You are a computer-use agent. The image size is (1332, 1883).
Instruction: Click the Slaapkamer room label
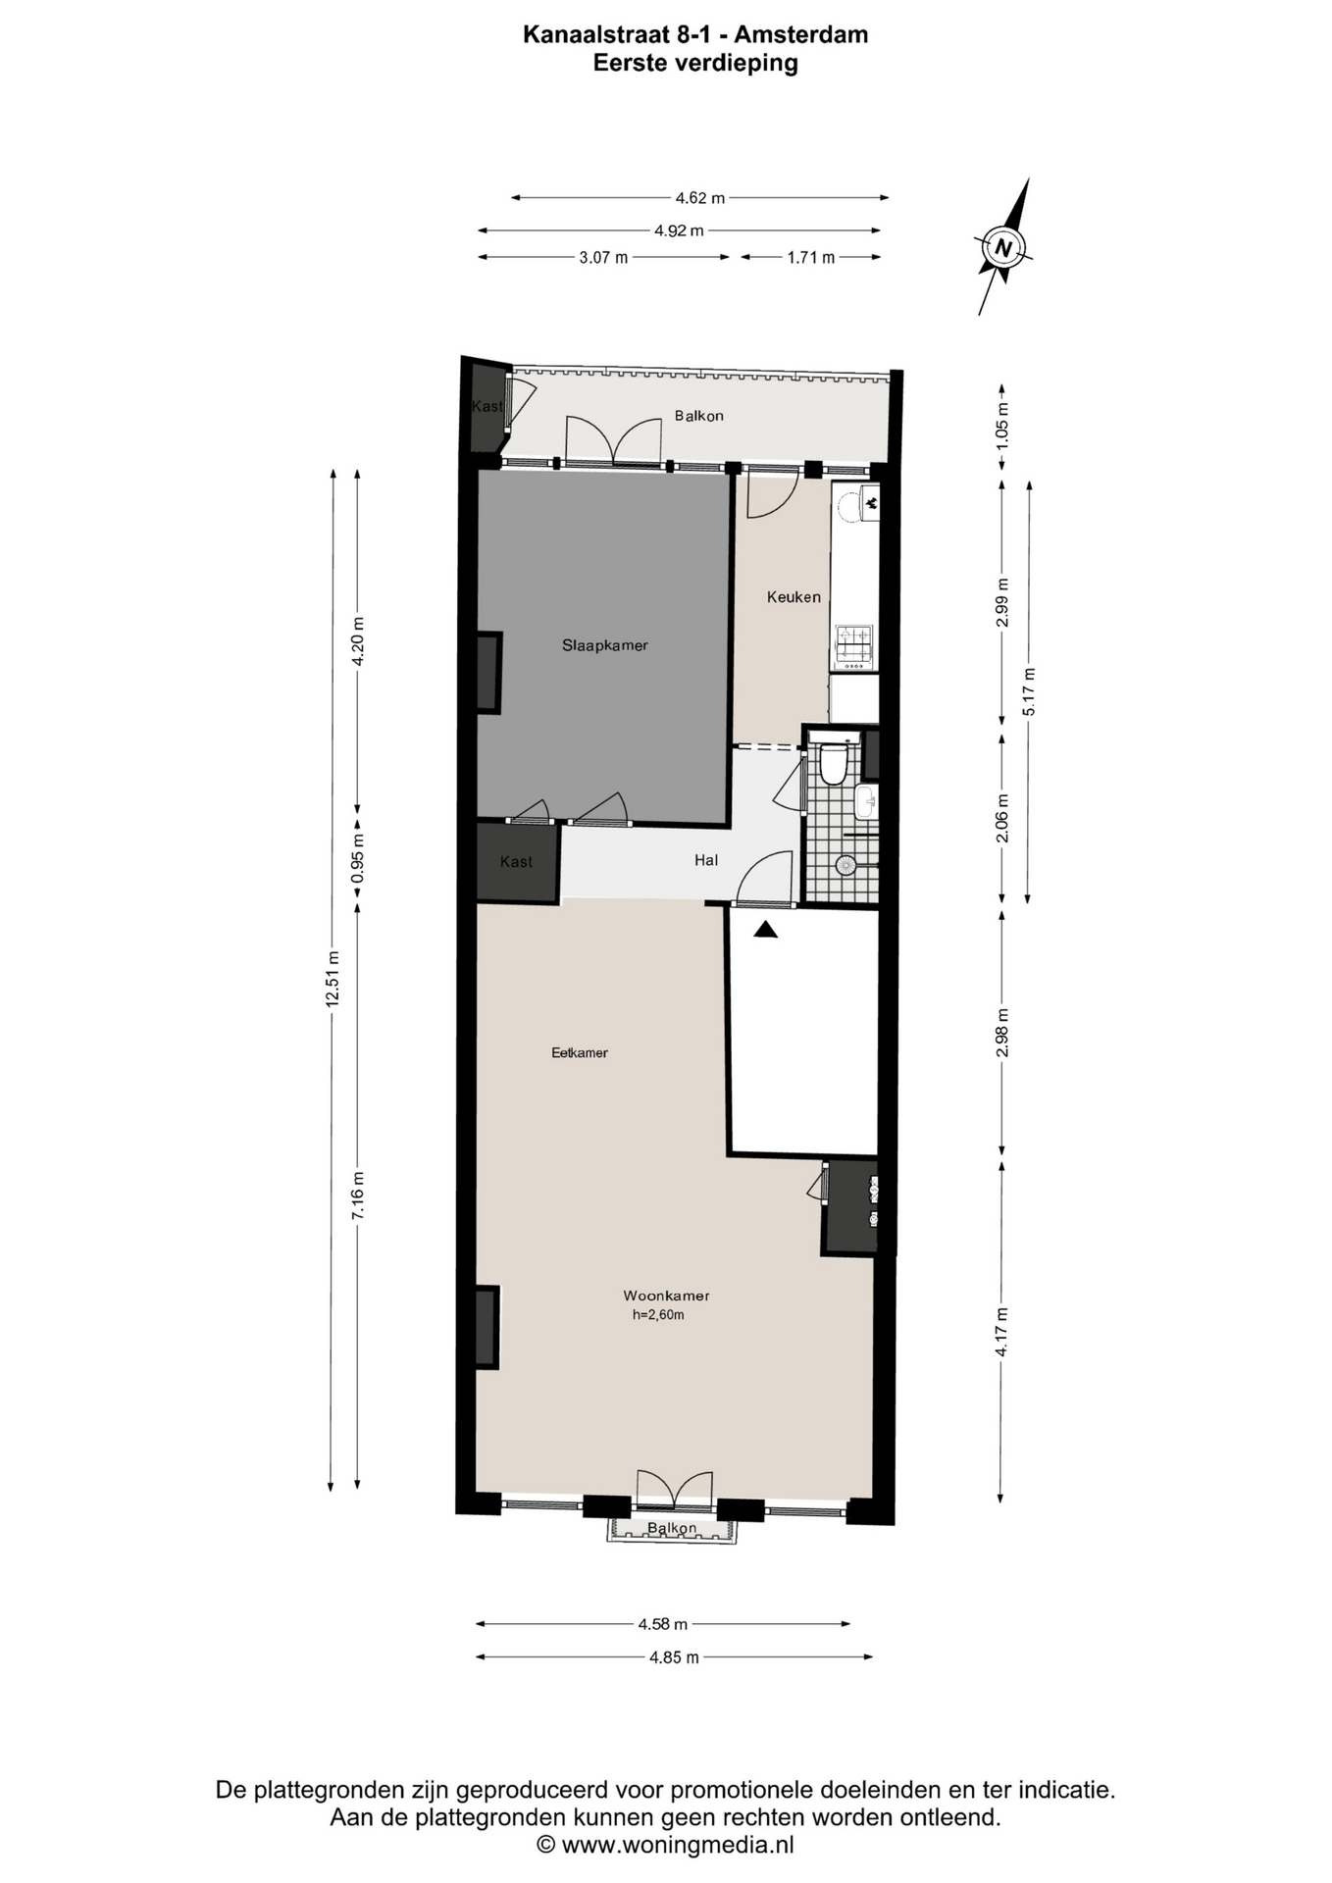tap(604, 645)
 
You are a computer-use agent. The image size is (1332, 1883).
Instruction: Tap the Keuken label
tap(794, 596)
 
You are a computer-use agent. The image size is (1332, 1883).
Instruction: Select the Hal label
tap(706, 860)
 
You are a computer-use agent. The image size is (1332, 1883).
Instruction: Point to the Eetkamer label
tap(580, 1052)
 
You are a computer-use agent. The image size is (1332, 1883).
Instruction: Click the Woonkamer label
tap(666, 1296)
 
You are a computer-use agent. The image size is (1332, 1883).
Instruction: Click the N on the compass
tap(1002, 247)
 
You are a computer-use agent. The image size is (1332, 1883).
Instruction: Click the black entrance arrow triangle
tap(765, 929)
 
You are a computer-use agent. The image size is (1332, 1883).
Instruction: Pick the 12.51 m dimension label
tap(333, 979)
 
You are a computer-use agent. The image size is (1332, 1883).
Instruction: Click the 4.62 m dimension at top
tap(700, 198)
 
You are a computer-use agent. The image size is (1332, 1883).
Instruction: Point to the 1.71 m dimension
tap(811, 258)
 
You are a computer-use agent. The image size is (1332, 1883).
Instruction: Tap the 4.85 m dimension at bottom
tap(675, 1657)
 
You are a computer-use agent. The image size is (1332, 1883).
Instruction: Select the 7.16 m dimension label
tap(358, 1196)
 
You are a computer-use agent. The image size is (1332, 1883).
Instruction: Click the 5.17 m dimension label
tap(1028, 691)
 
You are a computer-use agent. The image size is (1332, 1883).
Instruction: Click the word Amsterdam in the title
tap(801, 34)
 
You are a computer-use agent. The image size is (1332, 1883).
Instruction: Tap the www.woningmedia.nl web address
tap(678, 1845)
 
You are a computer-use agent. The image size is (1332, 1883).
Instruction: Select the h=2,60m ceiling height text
tap(658, 1315)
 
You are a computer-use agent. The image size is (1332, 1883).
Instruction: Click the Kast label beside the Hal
tap(516, 861)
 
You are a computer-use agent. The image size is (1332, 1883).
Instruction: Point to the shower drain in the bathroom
tap(845, 865)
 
